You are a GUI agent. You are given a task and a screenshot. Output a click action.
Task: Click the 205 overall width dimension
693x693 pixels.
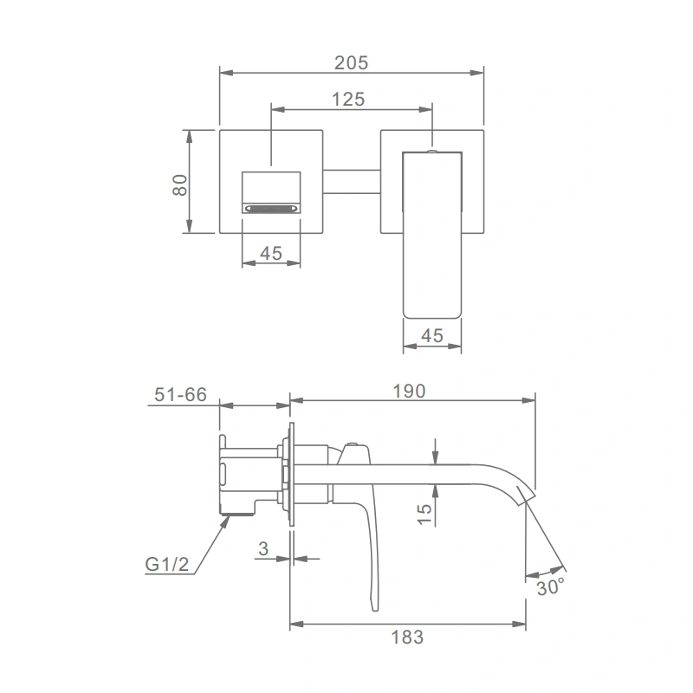tap(352, 62)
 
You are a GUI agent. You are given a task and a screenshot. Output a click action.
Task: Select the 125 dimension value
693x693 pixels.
tap(348, 100)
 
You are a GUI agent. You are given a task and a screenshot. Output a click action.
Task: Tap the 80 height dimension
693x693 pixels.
tap(180, 185)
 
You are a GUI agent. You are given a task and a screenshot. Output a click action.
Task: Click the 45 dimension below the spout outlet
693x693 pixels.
tap(271, 253)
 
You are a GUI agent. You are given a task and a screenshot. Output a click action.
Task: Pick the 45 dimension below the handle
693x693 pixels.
tap(432, 336)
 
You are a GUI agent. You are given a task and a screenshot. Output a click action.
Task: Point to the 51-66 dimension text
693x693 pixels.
tap(180, 395)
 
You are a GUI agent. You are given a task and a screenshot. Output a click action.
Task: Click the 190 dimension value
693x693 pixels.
tap(409, 392)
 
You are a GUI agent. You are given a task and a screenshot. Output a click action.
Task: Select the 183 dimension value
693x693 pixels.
tap(407, 638)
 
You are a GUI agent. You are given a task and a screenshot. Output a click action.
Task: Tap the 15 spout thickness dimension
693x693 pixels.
tap(424, 515)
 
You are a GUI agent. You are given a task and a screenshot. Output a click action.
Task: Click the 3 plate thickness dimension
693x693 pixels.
tap(263, 549)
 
